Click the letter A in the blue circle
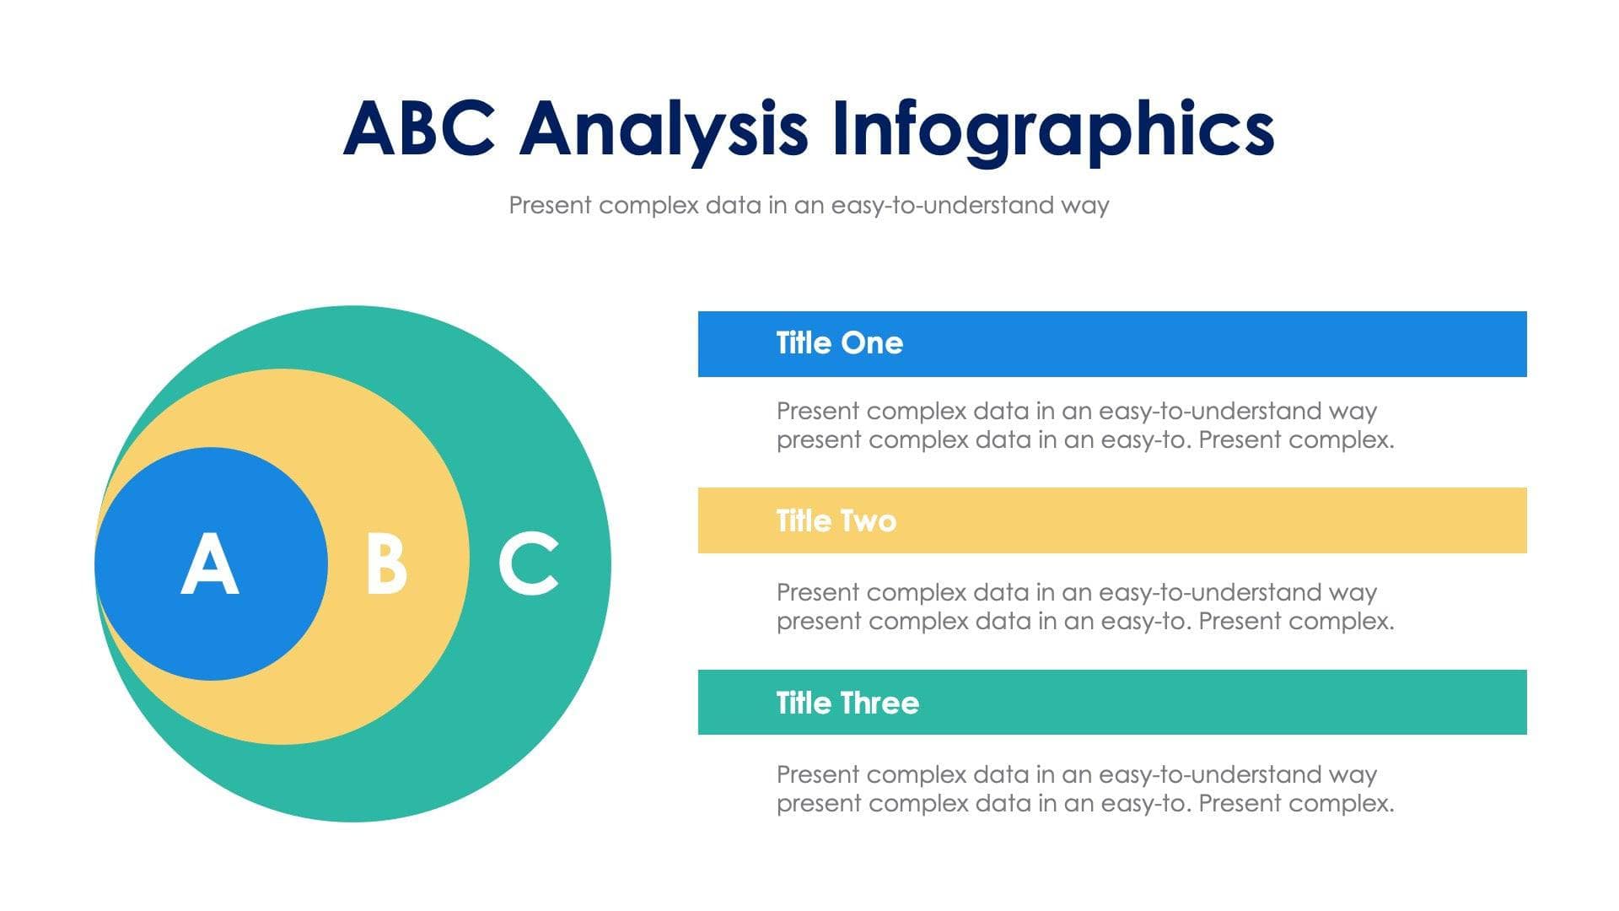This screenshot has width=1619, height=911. [x=210, y=563]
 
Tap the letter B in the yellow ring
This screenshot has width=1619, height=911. [x=386, y=563]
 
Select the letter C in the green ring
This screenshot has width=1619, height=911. [x=529, y=563]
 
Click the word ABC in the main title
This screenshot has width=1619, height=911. [x=419, y=129]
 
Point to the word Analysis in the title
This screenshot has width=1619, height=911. [x=664, y=129]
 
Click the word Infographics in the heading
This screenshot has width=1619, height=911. [x=1052, y=129]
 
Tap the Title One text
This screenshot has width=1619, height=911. [x=839, y=343]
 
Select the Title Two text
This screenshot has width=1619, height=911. [x=836, y=520]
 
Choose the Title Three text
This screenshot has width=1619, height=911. [x=847, y=703]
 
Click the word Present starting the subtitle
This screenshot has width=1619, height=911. [x=551, y=205]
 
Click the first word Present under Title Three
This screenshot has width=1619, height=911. [x=818, y=774]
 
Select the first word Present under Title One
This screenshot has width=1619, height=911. [x=818, y=411]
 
